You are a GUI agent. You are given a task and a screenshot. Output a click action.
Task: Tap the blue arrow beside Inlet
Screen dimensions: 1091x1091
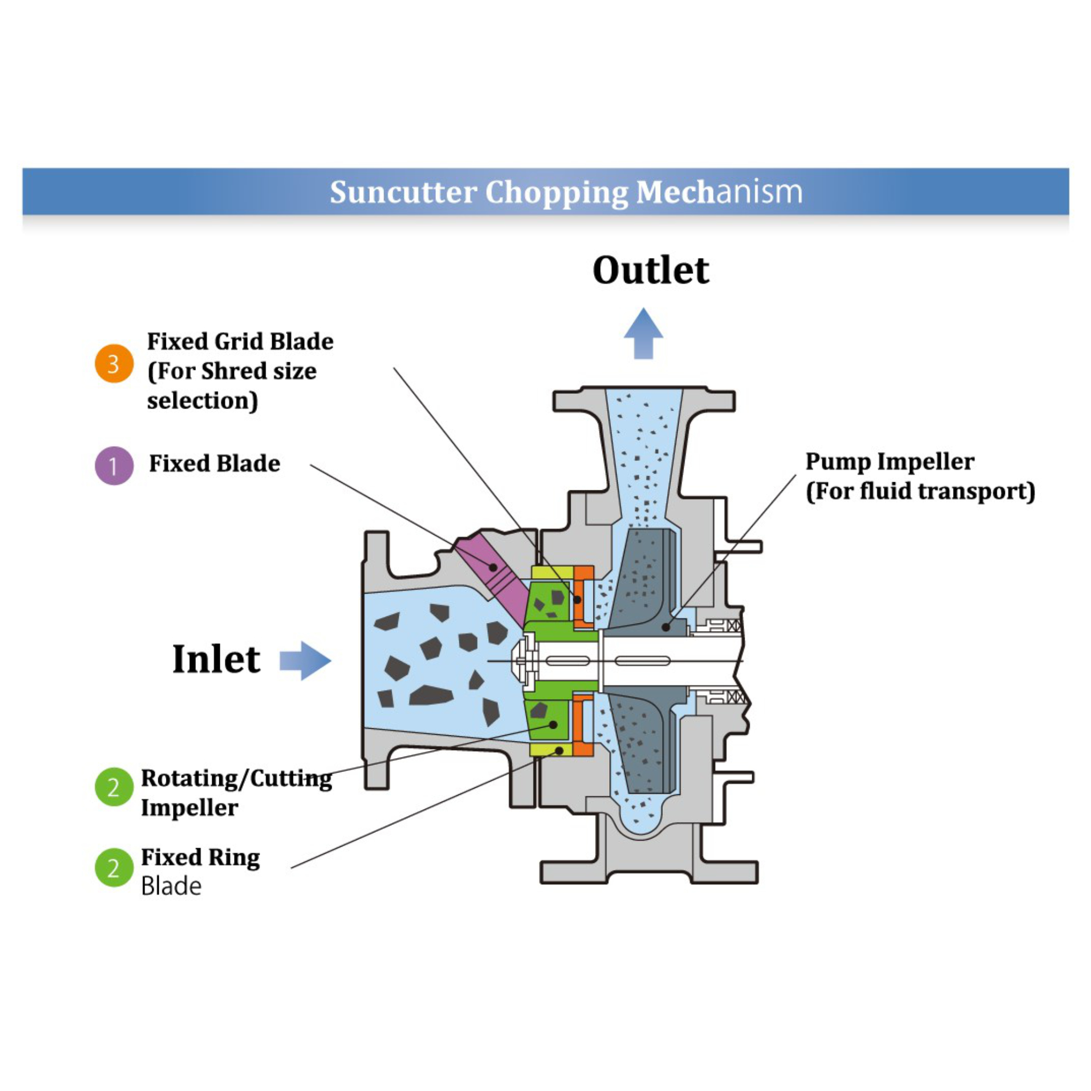(305, 660)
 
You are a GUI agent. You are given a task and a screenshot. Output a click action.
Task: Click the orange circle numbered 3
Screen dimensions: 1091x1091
(114, 364)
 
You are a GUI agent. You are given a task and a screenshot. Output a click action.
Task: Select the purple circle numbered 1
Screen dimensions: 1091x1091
(114, 466)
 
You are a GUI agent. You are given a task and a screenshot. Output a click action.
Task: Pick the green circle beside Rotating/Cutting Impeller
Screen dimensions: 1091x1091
(114, 787)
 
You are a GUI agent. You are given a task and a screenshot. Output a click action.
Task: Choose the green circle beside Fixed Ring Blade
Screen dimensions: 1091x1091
(114, 867)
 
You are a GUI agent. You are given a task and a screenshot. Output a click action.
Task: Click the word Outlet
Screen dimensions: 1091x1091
(651, 271)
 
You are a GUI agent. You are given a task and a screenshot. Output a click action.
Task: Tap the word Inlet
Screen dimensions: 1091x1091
(216, 659)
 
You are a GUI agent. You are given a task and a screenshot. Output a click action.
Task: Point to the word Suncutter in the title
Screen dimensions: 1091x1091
(403, 192)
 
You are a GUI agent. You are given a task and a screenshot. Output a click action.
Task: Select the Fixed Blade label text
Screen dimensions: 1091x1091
(214, 464)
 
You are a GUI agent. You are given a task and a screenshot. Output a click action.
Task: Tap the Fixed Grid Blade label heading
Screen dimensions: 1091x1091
(240, 341)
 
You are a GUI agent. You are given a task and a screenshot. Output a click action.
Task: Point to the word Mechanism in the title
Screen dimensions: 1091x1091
(719, 192)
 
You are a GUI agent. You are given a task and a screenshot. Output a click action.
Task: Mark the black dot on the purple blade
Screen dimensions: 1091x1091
(493, 567)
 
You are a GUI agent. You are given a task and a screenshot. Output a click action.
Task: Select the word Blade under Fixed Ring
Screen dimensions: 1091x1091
(171, 886)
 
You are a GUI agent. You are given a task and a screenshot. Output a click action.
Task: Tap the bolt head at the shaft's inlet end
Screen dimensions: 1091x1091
(523, 661)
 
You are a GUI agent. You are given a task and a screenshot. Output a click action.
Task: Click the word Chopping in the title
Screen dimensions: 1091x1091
(556, 192)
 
